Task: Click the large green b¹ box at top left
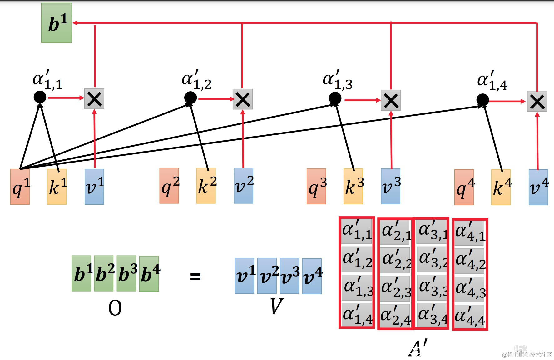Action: click(x=57, y=23)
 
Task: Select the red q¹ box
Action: click(x=20, y=187)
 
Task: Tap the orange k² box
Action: click(x=206, y=186)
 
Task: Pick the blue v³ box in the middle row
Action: click(x=391, y=187)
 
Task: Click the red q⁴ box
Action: click(x=464, y=187)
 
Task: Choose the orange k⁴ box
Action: click(x=501, y=187)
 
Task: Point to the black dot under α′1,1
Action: click(x=40, y=97)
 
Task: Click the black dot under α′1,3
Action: click(x=335, y=98)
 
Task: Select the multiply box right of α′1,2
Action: click(x=243, y=99)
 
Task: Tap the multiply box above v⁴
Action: click(x=537, y=102)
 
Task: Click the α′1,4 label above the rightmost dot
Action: click(x=492, y=81)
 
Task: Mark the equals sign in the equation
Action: click(x=195, y=277)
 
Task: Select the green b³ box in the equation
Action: click(x=126, y=273)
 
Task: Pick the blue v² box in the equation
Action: click(x=267, y=276)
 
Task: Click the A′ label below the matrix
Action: click(x=417, y=347)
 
